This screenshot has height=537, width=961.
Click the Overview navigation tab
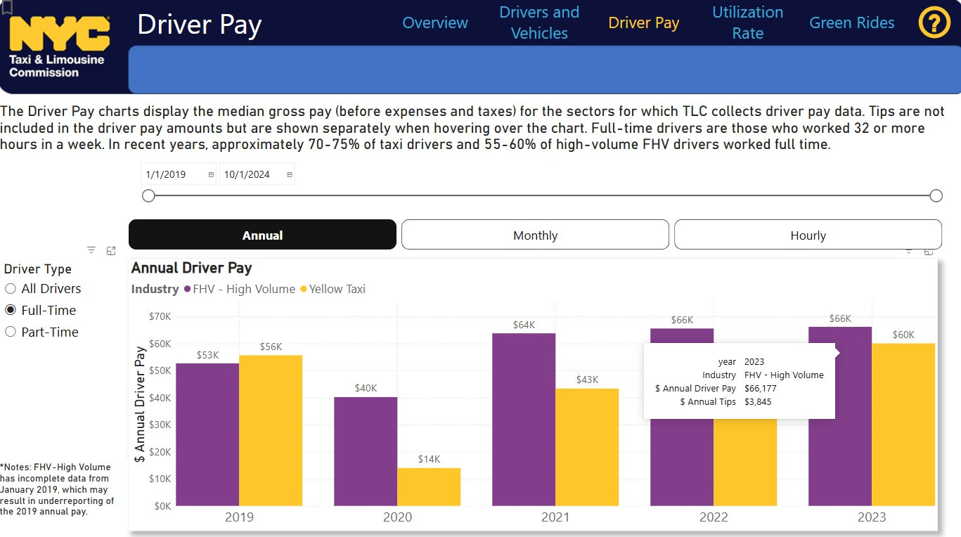click(434, 22)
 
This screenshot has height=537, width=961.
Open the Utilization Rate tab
click(747, 22)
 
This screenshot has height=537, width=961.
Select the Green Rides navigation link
click(851, 22)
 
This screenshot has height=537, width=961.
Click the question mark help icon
click(934, 22)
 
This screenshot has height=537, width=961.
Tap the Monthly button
click(535, 235)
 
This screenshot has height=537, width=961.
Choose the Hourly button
click(808, 235)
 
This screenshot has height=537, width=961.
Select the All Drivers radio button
click(11, 289)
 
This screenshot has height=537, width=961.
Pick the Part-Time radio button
click(11, 332)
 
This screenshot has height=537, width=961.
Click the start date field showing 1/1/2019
click(173, 174)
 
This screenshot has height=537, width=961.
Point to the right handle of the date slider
click(936, 195)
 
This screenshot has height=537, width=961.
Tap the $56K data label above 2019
click(271, 347)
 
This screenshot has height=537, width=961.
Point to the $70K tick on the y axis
click(160, 316)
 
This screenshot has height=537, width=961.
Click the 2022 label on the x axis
click(714, 517)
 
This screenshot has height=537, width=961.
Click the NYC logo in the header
click(59, 35)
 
